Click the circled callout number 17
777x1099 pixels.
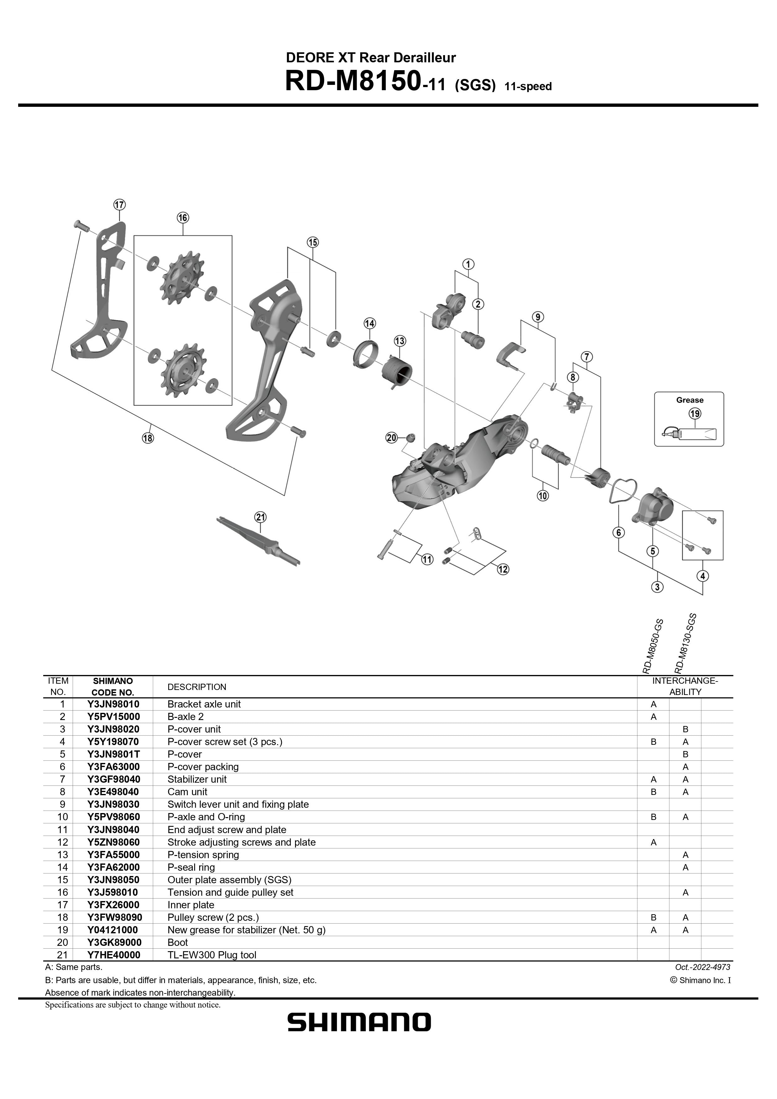119,205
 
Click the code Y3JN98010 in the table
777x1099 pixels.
113,704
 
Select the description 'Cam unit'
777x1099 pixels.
187,792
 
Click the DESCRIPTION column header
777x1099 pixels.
197,687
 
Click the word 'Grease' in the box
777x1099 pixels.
689,400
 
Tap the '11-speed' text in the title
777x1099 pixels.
528,87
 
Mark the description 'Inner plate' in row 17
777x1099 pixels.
190,905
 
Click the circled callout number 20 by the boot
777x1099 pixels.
391,438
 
